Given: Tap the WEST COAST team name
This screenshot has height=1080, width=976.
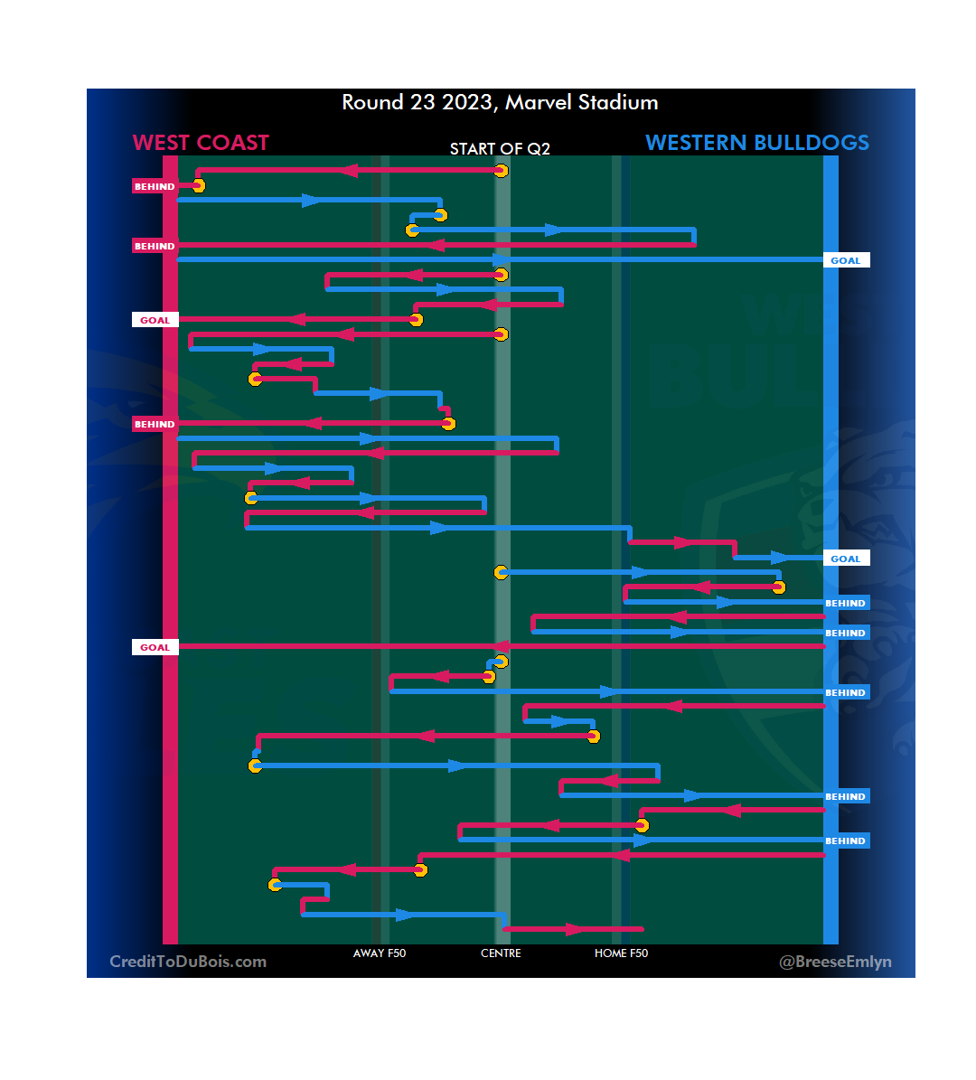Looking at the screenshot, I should [201, 143].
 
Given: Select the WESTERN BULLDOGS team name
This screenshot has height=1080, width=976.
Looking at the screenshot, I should [757, 143].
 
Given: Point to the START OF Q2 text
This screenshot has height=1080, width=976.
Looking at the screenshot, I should [500, 149].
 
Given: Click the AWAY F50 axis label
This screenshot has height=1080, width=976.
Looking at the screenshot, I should [380, 953].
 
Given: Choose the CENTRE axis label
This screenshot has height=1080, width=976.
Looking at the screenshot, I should [501, 953].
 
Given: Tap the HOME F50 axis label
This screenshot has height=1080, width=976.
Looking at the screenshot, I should [621, 953].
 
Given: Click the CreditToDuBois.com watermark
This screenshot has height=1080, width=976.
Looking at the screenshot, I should [188, 962].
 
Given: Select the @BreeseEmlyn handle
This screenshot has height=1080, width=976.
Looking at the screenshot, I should [835, 962].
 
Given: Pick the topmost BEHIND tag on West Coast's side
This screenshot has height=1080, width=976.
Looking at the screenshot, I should [155, 187].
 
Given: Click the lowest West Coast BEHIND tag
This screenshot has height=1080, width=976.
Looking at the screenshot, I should [155, 424].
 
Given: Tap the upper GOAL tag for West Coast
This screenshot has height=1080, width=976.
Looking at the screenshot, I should [155, 320].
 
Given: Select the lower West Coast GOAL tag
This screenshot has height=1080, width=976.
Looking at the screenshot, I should [155, 647].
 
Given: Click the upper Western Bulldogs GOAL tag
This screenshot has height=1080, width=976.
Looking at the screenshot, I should [846, 260].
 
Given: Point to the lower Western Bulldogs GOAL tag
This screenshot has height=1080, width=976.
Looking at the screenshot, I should [846, 559].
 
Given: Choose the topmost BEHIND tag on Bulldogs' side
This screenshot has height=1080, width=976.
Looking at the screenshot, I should [846, 603].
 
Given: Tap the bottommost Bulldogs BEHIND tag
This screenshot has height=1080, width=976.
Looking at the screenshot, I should [846, 841].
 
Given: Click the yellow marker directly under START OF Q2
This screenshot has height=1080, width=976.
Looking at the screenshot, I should [501, 171].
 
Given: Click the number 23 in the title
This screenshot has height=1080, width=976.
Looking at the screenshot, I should [423, 102].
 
